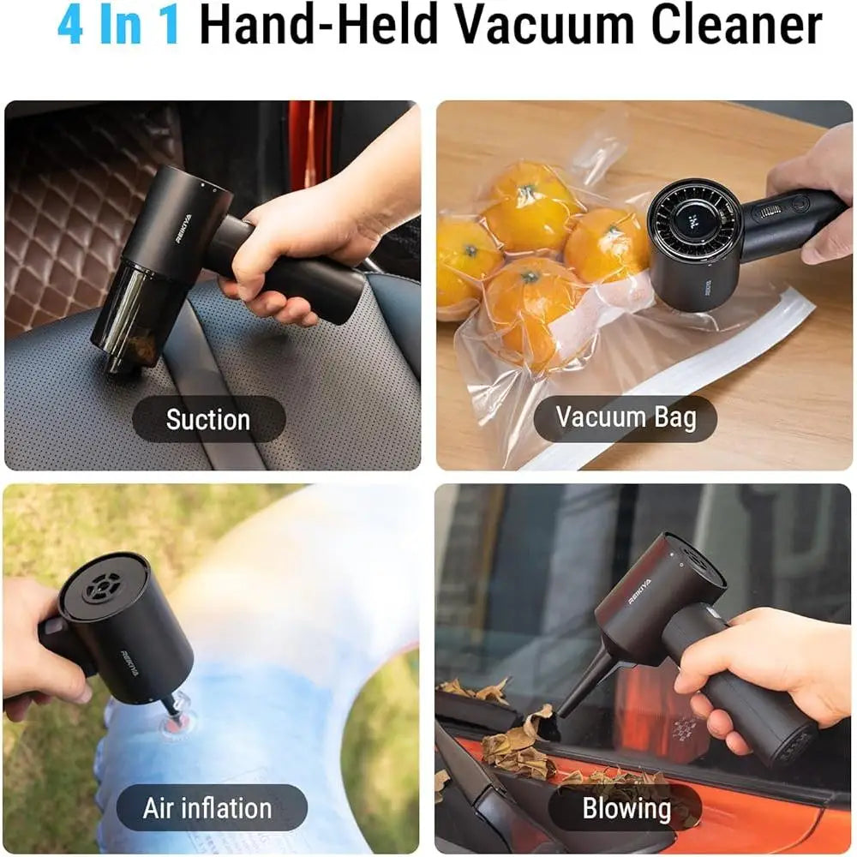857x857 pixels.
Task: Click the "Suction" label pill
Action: (x=208, y=419)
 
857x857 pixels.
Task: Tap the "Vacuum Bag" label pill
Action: (x=625, y=417)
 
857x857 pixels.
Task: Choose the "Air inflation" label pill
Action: (x=208, y=807)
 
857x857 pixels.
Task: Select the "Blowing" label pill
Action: (x=626, y=807)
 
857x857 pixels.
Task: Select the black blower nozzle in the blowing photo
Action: (x=587, y=682)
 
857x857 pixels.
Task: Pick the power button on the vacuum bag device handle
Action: (x=799, y=204)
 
